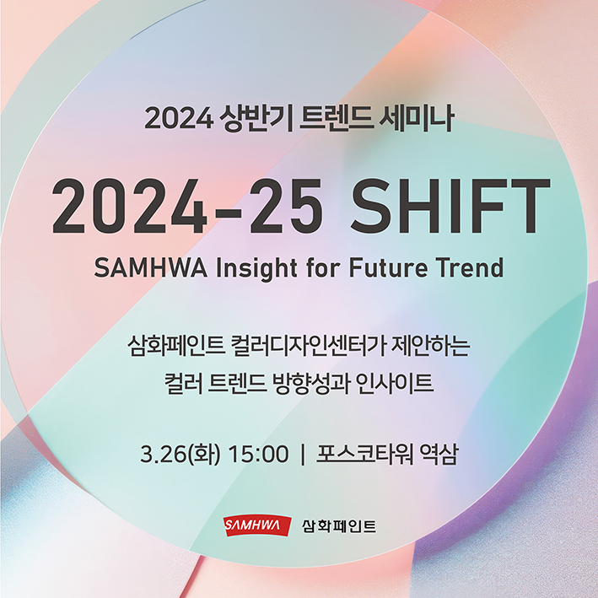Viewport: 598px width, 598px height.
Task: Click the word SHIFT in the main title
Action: (450, 207)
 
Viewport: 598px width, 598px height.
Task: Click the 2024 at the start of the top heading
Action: (175, 119)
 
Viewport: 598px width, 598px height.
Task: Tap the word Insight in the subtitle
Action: (251, 268)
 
